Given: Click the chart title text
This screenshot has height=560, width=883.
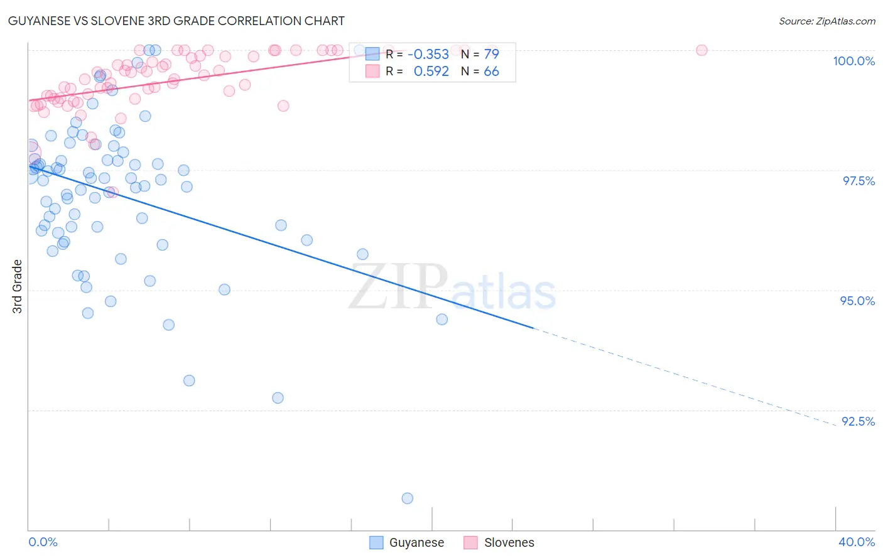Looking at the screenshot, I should pyautogui.click(x=176, y=21).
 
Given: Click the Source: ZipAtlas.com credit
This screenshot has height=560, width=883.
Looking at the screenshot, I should pyautogui.click(x=826, y=21).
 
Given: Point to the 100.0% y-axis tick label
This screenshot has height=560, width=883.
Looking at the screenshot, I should pyautogui.click(x=853, y=61).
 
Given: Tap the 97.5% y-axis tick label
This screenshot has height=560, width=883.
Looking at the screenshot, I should pyautogui.click(x=858, y=181).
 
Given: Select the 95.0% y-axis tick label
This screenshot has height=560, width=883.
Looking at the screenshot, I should pyautogui.click(x=857, y=301).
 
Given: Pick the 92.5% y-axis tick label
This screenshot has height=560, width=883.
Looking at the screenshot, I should pyautogui.click(x=858, y=421).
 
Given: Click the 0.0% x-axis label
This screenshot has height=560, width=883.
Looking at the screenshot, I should pyautogui.click(x=43, y=542).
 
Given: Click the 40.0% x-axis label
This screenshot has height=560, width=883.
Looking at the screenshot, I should pyautogui.click(x=857, y=542).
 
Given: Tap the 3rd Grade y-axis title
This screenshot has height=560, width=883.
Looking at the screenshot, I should pyautogui.click(x=18, y=286).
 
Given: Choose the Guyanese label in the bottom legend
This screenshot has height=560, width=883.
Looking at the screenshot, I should pyautogui.click(x=416, y=542).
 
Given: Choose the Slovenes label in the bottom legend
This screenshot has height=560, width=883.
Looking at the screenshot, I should pyautogui.click(x=509, y=542).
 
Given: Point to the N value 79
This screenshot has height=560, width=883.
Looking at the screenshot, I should pyautogui.click(x=491, y=55).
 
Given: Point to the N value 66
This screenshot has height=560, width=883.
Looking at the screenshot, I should pyautogui.click(x=491, y=72).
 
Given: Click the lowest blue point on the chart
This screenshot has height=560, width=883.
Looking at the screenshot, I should pyautogui.click(x=408, y=498).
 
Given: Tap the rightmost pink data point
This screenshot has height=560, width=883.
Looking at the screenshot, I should pyautogui.click(x=702, y=50).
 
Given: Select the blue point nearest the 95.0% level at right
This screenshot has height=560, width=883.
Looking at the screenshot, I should pyautogui.click(x=442, y=320).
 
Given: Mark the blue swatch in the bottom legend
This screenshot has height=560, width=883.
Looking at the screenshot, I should pyautogui.click(x=376, y=542).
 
